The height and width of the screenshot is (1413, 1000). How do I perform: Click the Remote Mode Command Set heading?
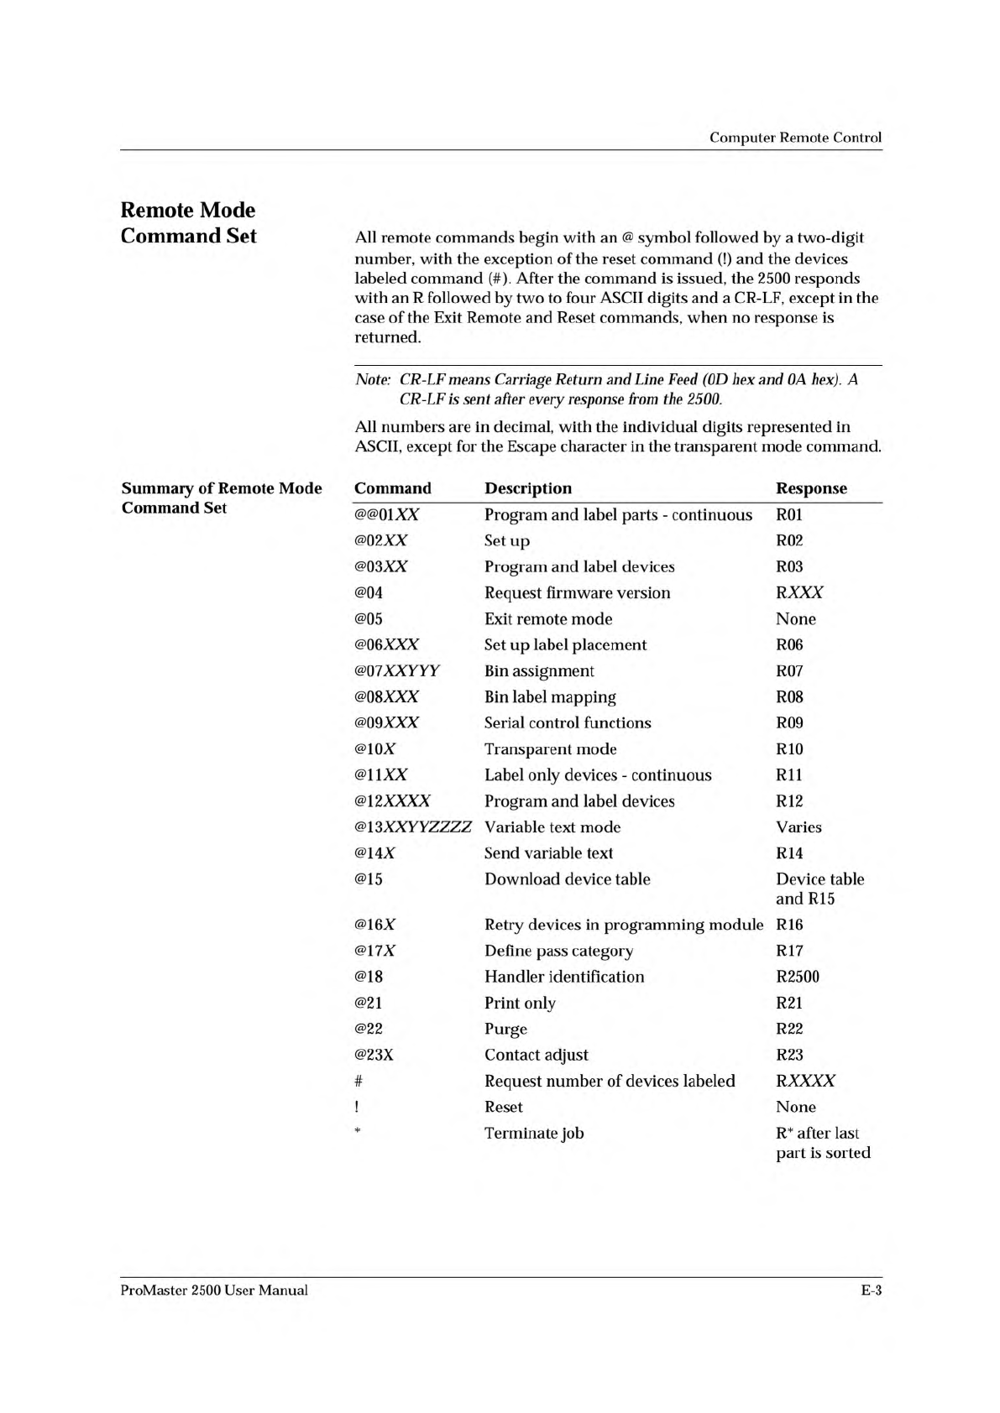click(188, 222)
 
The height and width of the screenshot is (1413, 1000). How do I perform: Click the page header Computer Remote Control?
click(795, 138)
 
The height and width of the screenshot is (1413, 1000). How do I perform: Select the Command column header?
click(392, 488)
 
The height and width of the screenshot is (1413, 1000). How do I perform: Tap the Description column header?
click(527, 488)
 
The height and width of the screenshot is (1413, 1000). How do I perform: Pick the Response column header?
click(811, 488)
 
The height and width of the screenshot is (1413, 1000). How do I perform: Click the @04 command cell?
click(369, 592)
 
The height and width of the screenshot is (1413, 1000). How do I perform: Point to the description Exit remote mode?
click(548, 618)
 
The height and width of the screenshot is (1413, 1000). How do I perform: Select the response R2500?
click(798, 977)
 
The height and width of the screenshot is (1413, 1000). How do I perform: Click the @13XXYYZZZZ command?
click(412, 826)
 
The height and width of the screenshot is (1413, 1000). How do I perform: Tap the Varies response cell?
click(798, 826)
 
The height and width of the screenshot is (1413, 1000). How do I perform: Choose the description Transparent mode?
click(550, 748)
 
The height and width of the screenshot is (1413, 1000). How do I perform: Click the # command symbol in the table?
click(359, 1081)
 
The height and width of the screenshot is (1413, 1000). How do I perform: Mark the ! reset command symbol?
click(357, 1107)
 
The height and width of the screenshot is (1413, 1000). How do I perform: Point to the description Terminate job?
click(534, 1133)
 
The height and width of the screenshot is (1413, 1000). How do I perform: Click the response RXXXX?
click(805, 1081)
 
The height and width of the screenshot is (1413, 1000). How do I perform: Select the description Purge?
click(505, 1029)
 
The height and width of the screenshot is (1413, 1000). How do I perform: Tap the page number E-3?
click(871, 1290)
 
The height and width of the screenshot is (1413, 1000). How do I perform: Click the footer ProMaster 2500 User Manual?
click(214, 1290)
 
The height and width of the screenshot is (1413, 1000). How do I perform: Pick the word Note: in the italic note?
click(373, 379)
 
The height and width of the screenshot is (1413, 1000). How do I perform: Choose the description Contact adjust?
click(536, 1055)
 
